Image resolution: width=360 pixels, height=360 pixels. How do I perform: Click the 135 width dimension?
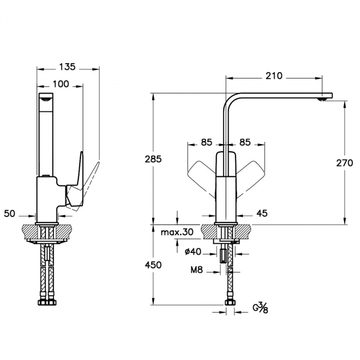tap(67, 67)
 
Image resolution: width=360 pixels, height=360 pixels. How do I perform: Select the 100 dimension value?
tap(61, 84)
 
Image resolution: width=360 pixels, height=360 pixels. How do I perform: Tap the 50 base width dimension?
tap(9, 214)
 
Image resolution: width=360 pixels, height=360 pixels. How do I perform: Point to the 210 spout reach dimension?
tap(274, 76)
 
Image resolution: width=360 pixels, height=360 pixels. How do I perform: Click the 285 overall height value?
tap(153, 159)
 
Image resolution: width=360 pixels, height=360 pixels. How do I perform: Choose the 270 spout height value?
tap(345, 163)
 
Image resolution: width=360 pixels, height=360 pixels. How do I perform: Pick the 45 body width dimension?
tap(262, 213)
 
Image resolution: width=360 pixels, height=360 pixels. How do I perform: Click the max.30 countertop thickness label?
tap(177, 232)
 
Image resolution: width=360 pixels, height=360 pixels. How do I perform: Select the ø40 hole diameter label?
tap(193, 252)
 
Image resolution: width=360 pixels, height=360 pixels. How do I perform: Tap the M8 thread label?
tap(197, 270)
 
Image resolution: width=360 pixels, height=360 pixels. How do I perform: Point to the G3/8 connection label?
tap(260, 308)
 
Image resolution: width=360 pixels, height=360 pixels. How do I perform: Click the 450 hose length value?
tap(153, 265)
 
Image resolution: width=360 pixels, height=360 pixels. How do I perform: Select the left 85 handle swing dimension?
tap(206, 142)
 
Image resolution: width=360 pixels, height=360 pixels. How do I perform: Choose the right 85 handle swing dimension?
tap(245, 142)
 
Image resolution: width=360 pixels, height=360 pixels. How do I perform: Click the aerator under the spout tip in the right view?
tap(321, 99)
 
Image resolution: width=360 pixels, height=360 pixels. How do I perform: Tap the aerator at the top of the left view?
tap(46, 99)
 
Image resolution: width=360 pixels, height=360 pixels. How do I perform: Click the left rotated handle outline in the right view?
tap(202, 178)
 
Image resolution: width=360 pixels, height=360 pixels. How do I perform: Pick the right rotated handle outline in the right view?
tap(250, 178)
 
